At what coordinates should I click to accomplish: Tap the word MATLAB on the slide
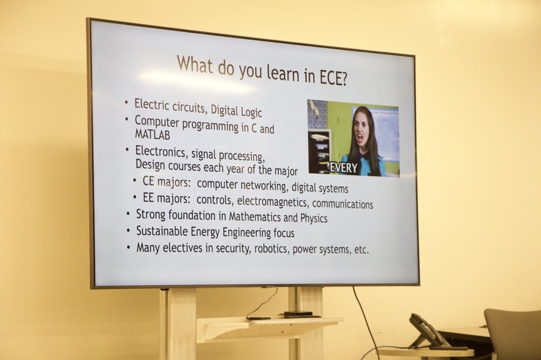(x=152, y=135)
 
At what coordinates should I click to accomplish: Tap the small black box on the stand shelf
(x=298, y=315)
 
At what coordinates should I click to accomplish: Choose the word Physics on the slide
(x=314, y=217)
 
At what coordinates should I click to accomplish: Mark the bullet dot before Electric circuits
(x=126, y=101)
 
